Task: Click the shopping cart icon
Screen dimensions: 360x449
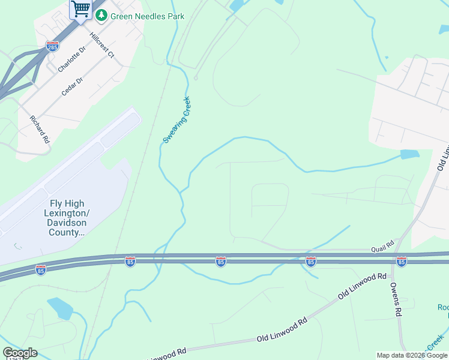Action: (x=80, y=10)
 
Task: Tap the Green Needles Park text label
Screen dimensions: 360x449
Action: (x=146, y=16)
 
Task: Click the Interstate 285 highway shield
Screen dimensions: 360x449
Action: (x=52, y=46)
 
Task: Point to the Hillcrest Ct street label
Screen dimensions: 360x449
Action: (x=101, y=45)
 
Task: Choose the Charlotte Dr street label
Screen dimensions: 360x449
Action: (x=72, y=60)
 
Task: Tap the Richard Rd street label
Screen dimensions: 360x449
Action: (x=40, y=127)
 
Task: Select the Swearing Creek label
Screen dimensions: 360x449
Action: (x=176, y=120)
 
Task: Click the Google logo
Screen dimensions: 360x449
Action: (x=20, y=353)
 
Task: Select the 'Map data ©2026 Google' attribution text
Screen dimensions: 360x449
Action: (x=412, y=355)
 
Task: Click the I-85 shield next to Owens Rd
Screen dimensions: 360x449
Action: (x=402, y=262)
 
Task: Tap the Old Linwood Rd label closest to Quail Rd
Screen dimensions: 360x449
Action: (x=361, y=284)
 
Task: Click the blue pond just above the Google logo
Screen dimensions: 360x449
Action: (x=60, y=308)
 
